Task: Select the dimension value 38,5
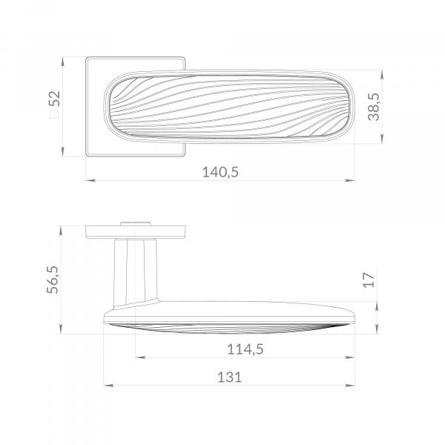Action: [374, 107]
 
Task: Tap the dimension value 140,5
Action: [220, 172]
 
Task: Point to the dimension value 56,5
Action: [53, 280]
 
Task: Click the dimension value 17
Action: [369, 280]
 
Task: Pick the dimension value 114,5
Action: [245, 349]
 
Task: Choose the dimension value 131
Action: [229, 378]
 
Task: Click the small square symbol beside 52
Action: [54, 114]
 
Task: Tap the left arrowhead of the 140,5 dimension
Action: [90, 180]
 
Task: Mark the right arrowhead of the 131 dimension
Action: [350, 386]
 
